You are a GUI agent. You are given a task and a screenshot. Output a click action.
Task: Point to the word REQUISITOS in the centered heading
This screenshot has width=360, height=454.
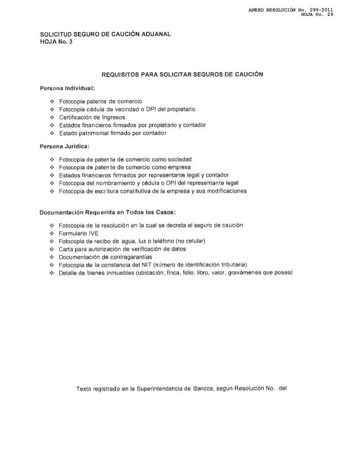click(121, 75)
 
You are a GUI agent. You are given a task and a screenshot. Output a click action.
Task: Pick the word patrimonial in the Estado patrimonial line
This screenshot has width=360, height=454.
click(100, 133)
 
